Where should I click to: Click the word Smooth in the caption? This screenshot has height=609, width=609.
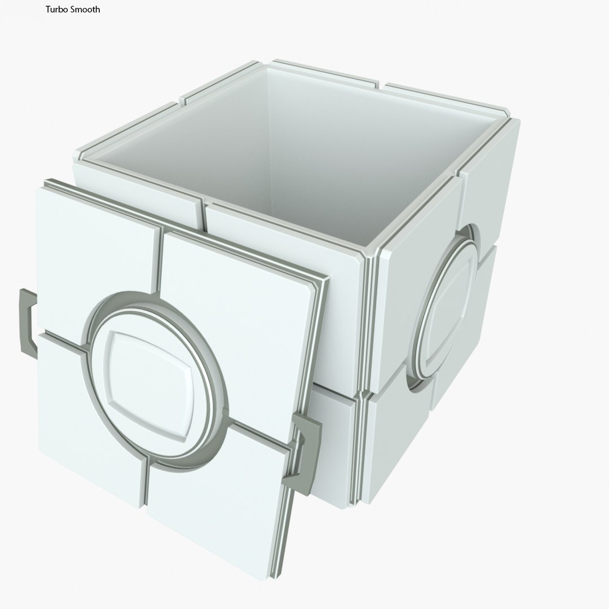point(85,10)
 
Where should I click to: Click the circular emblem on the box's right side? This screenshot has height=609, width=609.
point(445,307)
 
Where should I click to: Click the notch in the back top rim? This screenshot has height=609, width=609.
point(381,86)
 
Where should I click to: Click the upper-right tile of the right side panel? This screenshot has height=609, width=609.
point(491,186)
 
